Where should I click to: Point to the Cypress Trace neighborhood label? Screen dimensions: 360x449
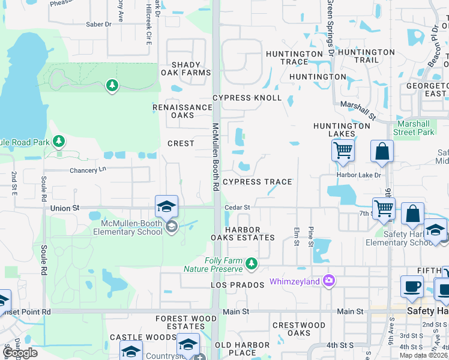click(x=257, y=182)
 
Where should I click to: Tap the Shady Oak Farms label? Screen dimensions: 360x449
click(x=185, y=68)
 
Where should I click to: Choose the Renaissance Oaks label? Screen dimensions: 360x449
click(x=182, y=111)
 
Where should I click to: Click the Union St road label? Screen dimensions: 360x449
click(x=65, y=208)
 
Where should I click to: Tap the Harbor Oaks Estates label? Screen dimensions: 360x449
click(x=243, y=233)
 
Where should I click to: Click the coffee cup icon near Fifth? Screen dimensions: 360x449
click(x=412, y=286)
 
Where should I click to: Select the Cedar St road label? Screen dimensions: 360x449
click(x=237, y=208)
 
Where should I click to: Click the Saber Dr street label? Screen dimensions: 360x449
click(x=99, y=24)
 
